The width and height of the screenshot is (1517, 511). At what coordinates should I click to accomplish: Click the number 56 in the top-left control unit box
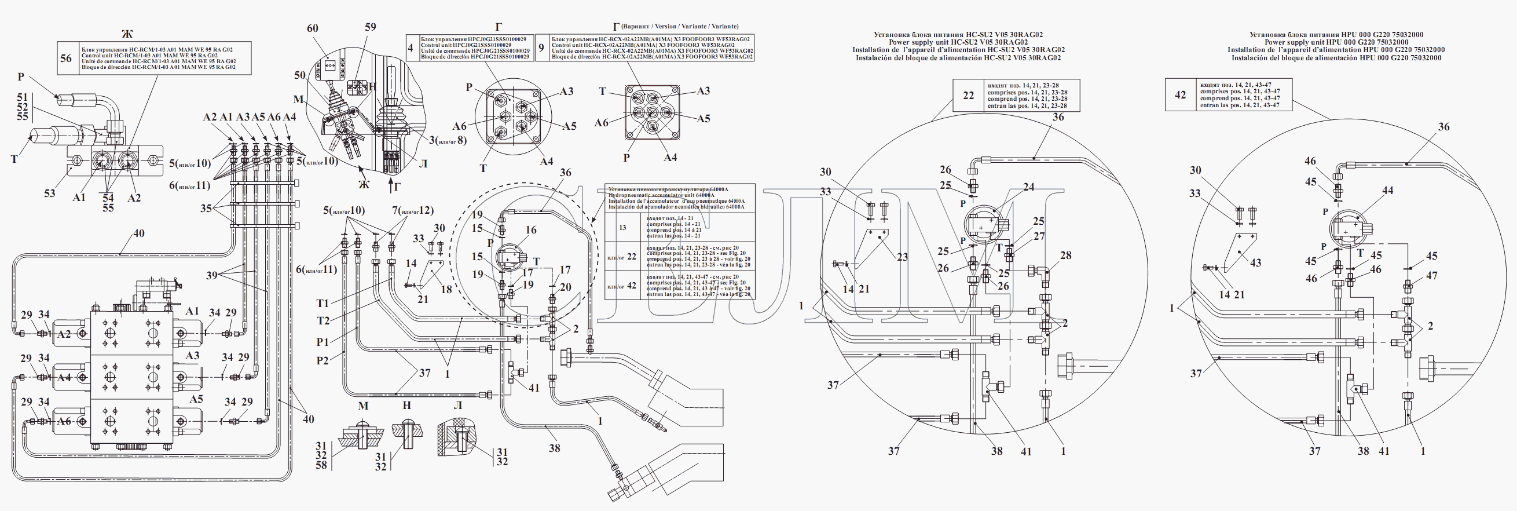tap(66, 58)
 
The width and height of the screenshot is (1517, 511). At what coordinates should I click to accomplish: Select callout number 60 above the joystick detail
tap(313, 28)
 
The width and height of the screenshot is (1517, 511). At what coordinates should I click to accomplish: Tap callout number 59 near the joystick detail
tap(370, 27)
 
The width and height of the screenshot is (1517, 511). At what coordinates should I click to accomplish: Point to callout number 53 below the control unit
tap(49, 194)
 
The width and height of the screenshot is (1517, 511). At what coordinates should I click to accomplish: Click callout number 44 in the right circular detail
tap(1387, 191)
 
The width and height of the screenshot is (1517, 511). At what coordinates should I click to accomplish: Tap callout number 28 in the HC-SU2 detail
tap(1066, 255)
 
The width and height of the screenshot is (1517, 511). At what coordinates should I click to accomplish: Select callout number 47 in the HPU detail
tap(1432, 275)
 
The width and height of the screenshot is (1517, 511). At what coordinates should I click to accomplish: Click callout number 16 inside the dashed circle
tap(530, 230)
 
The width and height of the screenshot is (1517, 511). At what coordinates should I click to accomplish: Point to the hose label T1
tap(323, 304)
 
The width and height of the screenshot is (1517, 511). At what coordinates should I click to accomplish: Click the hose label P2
tap(322, 361)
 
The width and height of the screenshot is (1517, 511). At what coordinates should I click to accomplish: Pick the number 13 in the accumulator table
tap(622, 228)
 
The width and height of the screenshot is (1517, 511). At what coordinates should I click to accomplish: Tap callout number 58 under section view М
tap(321, 466)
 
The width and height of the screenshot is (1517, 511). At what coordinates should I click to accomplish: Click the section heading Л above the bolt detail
tap(457, 406)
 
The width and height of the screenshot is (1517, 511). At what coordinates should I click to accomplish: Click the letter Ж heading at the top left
tap(127, 33)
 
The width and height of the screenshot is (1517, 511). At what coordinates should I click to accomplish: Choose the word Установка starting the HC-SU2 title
tap(893, 35)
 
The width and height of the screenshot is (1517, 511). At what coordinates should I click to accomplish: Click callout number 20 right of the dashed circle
tap(565, 287)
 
